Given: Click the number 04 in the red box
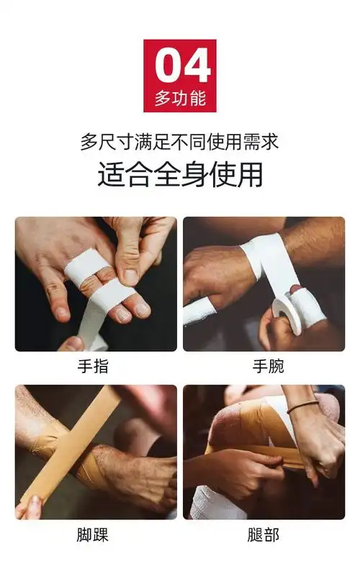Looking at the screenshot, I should tap(180, 66).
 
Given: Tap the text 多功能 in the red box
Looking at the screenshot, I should tap(180, 98).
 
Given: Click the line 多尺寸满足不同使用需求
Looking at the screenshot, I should tap(179, 142).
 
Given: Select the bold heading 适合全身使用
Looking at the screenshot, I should tap(179, 175).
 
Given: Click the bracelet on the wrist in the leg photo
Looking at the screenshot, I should tap(302, 407).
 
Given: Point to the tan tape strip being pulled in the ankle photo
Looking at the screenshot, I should tap(68, 447).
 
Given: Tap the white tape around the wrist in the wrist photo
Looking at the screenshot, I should tap(266, 252).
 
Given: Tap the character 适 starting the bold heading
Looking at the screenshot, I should tap(111, 175).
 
